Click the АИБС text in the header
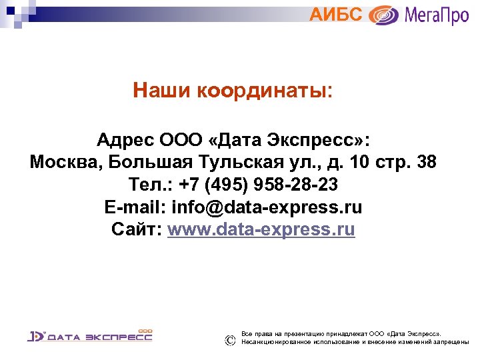(336, 14)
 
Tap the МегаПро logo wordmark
(435, 15)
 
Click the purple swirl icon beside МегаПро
(384, 15)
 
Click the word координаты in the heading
(262, 90)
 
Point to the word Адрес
(125, 141)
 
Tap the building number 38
(426, 163)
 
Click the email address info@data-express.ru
(267, 207)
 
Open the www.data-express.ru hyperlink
(261, 230)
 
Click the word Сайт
(136, 230)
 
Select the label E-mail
(135, 207)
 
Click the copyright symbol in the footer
(230, 340)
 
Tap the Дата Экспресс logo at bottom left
(90, 335)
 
